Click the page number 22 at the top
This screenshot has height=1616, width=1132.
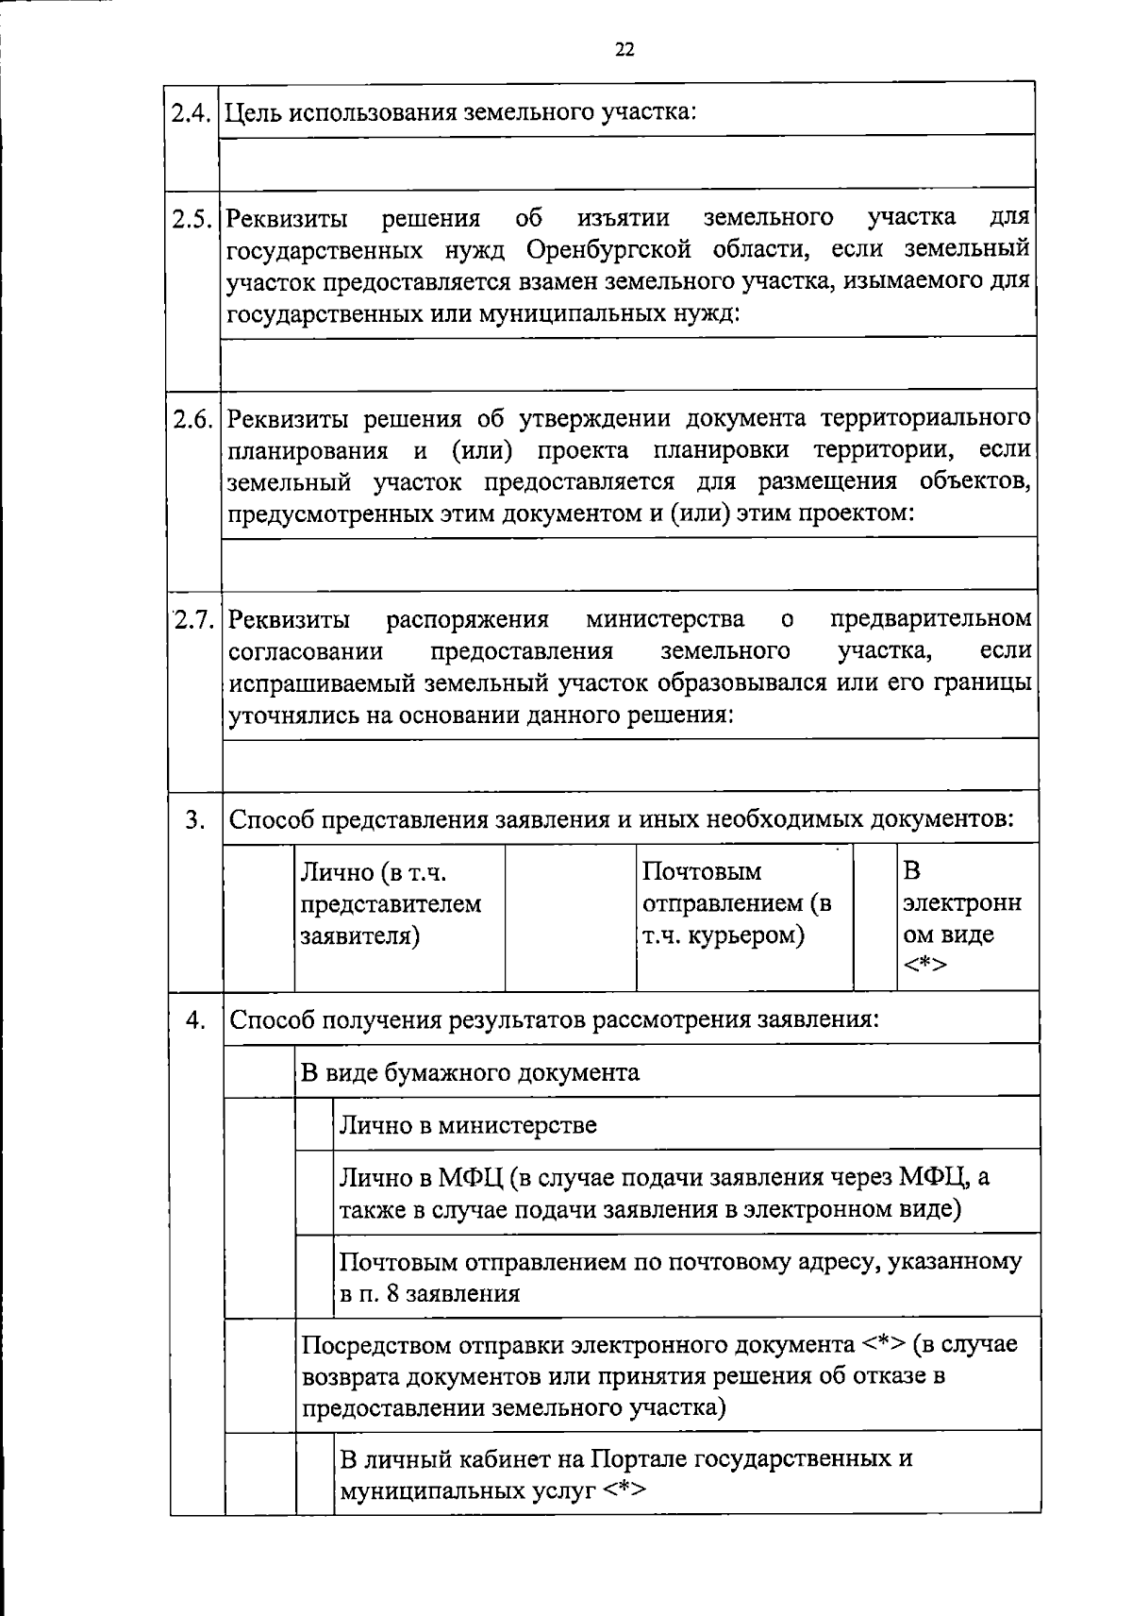click(624, 50)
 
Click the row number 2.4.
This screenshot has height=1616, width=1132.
click(193, 112)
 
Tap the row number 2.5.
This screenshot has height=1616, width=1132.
click(193, 218)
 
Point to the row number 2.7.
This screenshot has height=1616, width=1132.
click(194, 620)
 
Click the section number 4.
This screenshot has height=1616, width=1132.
click(195, 1020)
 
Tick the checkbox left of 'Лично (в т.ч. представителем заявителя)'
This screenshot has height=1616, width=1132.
click(258, 916)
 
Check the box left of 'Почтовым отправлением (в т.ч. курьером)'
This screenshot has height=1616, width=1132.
click(571, 916)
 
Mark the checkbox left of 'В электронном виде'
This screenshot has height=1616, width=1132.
click(874, 916)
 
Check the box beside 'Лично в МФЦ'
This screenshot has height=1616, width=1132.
click(315, 1192)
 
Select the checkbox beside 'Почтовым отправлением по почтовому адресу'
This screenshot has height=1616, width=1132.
click(315, 1275)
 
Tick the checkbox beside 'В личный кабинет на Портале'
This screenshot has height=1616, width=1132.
click(315, 1473)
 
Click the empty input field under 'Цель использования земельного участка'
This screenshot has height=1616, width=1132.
click(628, 160)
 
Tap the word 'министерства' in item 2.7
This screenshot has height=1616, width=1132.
click(665, 619)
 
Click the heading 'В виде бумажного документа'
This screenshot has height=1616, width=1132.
click(470, 1072)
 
